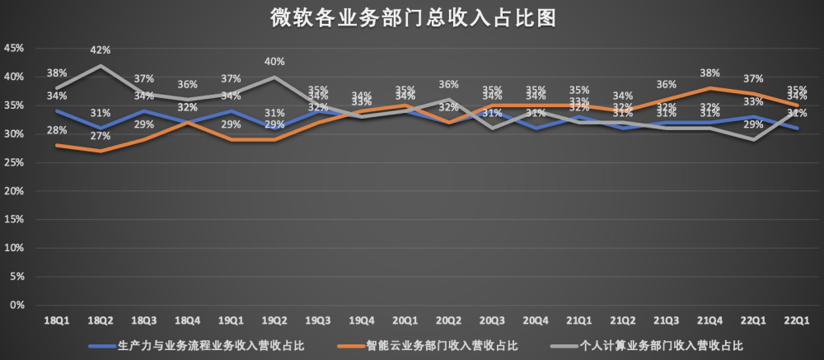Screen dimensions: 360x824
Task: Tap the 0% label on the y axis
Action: (16, 305)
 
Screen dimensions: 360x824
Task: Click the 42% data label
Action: (101, 51)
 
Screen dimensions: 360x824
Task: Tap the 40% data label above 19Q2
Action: (275, 62)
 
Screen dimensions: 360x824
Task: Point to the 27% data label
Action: (101, 136)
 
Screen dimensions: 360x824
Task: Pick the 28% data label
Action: (57, 131)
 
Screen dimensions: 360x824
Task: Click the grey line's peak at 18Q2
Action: (101, 66)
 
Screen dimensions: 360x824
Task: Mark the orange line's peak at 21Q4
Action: (709, 88)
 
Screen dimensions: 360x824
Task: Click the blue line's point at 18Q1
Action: (57, 111)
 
